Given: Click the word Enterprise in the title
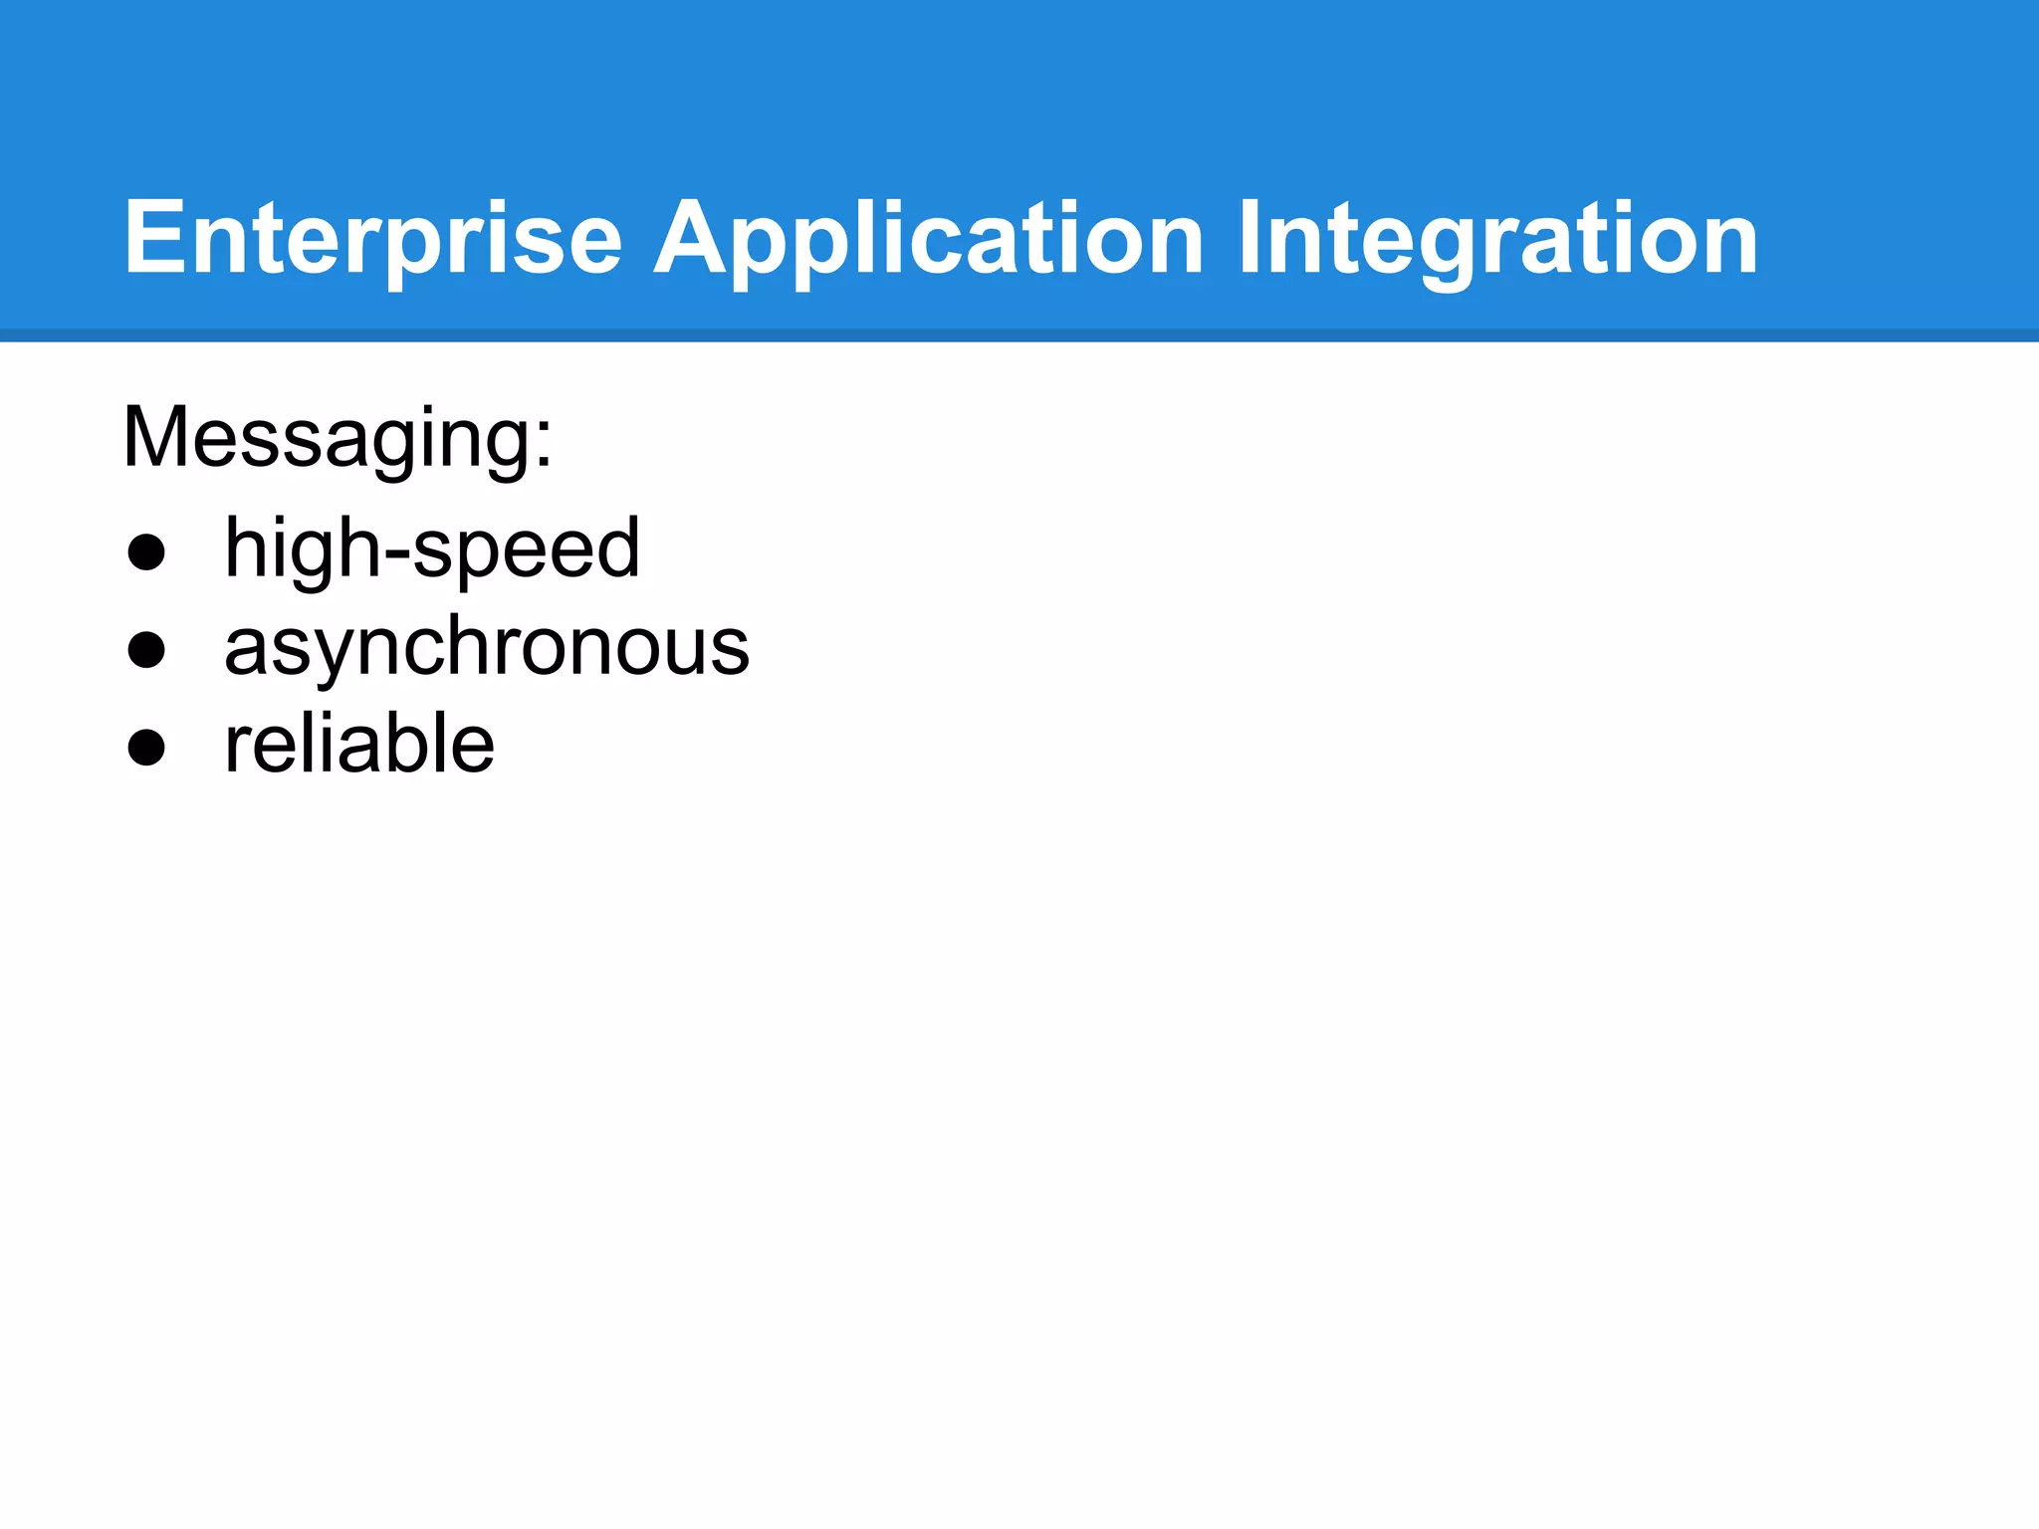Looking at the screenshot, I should point(372,239).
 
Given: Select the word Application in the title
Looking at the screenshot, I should point(928,239).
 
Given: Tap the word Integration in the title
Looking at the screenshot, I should point(1497,239).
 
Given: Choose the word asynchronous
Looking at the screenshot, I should point(486,647).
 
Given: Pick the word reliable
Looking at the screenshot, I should point(358,744).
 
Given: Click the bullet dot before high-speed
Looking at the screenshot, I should point(146,552).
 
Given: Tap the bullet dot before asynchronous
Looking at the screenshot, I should point(146,650).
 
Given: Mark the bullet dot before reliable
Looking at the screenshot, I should point(146,748).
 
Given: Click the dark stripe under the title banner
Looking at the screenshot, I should point(1019,335).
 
